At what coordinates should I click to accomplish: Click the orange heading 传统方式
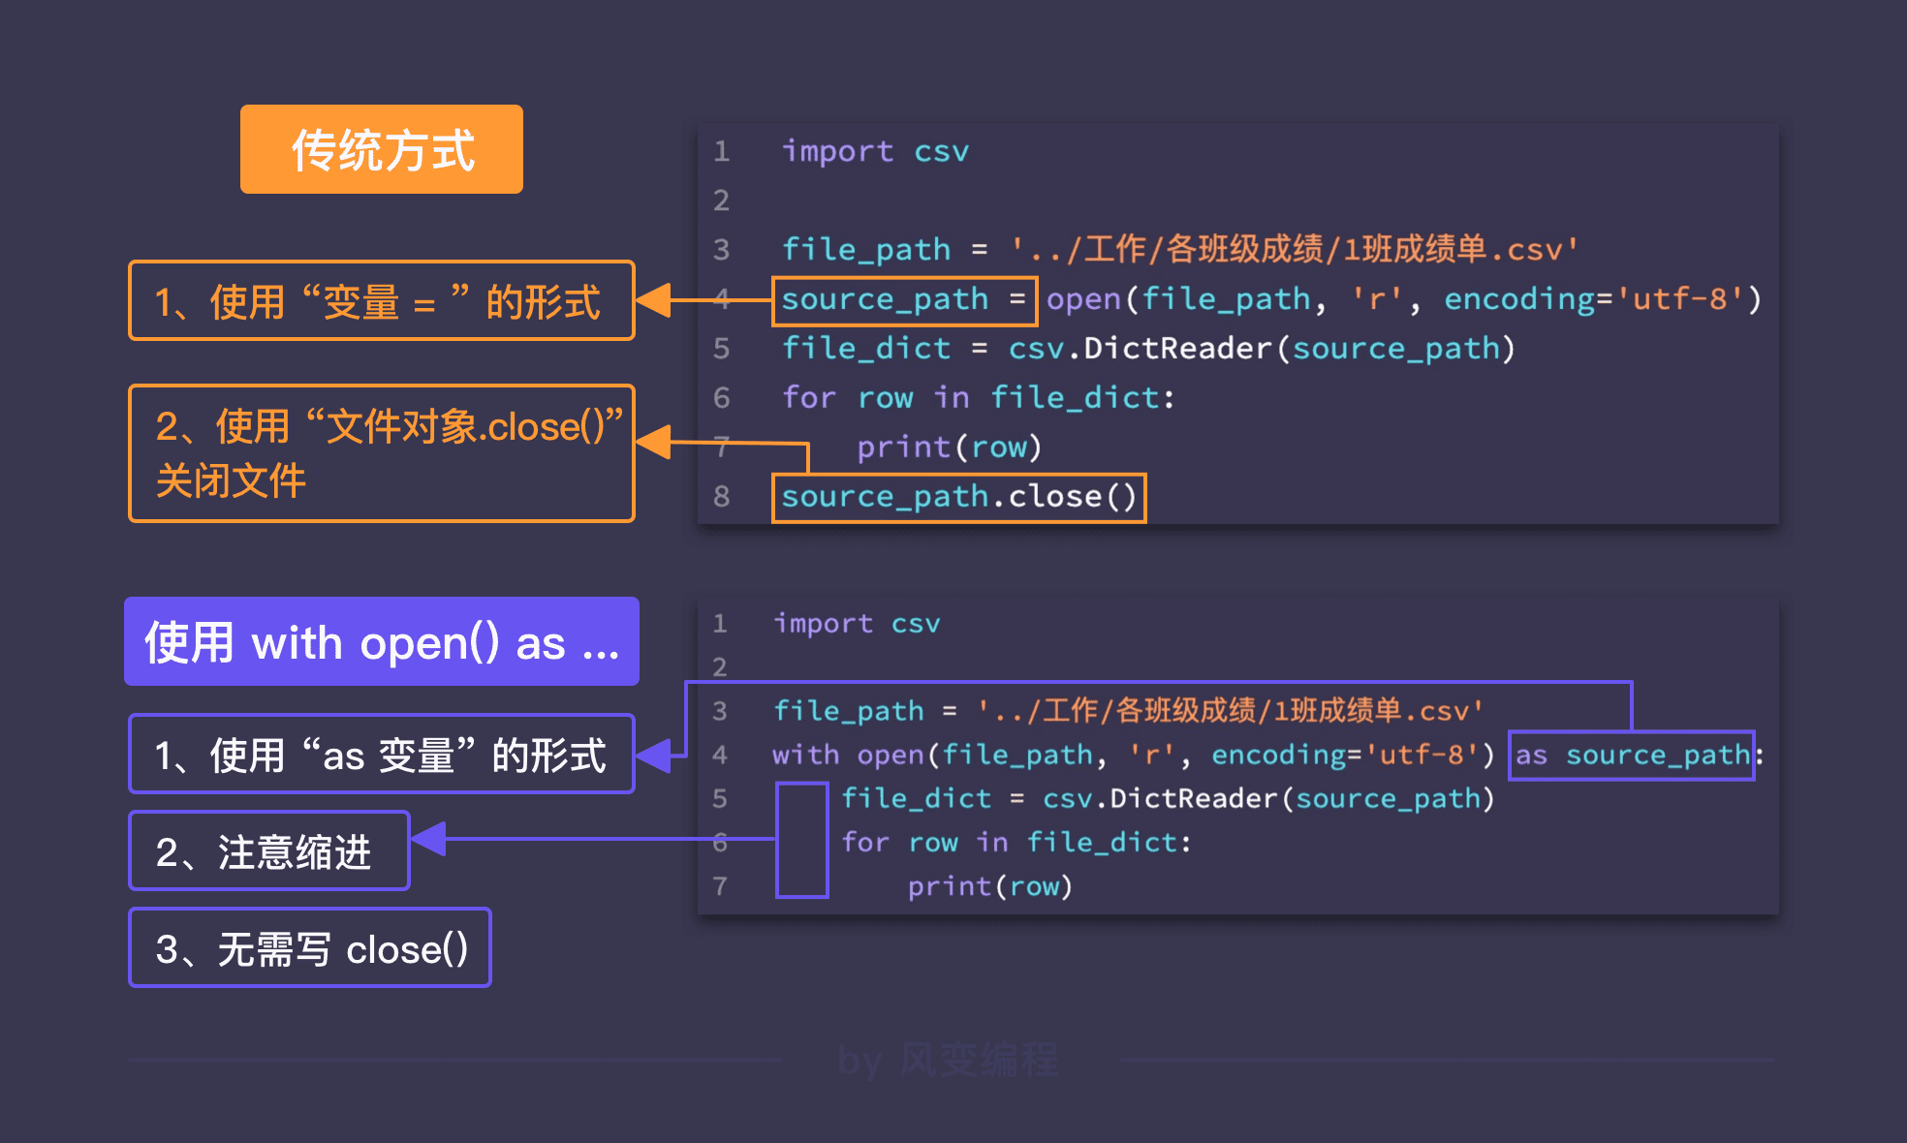click(382, 150)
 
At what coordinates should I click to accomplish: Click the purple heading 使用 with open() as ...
click(382, 642)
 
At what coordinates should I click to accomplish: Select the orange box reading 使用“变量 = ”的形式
click(382, 301)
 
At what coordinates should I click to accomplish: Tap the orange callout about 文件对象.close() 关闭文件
click(382, 453)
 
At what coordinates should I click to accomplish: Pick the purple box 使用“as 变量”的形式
click(382, 755)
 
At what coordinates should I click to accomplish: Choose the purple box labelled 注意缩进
click(269, 851)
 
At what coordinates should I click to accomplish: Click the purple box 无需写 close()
click(310, 948)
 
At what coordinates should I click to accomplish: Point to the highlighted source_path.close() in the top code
click(958, 498)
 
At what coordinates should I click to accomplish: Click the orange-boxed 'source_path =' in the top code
click(904, 300)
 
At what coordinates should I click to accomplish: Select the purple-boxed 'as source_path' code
click(1632, 756)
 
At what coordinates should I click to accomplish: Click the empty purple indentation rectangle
click(801, 840)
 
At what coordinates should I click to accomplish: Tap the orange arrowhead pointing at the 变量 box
click(654, 300)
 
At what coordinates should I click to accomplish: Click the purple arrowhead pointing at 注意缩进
click(429, 839)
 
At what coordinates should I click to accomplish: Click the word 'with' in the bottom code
click(805, 755)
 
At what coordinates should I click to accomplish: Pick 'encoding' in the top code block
click(1518, 299)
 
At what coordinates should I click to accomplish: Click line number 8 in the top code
click(721, 497)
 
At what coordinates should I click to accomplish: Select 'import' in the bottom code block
click(823, 623)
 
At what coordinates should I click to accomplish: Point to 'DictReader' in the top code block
click(1176, 349)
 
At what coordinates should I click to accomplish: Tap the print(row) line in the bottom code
click(989, 886)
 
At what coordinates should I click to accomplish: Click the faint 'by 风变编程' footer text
click(948, 1060)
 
